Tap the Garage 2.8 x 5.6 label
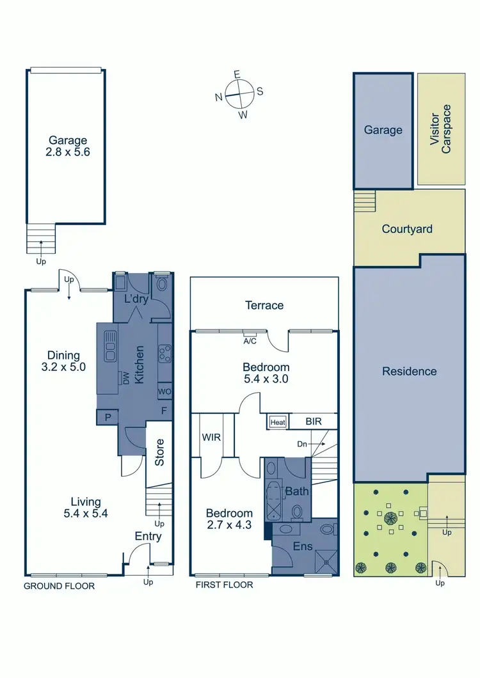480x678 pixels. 66,146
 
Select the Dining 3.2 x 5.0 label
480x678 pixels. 63,361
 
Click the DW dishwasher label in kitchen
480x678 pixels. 126,379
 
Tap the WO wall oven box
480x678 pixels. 164,391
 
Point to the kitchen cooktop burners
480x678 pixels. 164,352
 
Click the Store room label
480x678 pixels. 160,452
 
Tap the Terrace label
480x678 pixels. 264,305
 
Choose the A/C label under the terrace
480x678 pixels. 250,341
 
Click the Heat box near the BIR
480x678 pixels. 277,422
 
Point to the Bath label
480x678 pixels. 296,492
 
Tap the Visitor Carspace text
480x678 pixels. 440,133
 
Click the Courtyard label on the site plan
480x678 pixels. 407,229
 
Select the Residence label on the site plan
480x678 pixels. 409,372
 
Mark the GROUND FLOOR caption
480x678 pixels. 59,585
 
